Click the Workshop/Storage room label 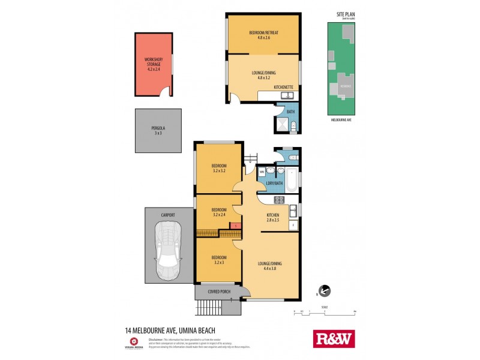(154, 64)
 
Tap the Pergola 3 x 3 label (158, 131)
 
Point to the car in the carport (167, 251)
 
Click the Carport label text (167, 214)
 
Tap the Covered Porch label (219, 292)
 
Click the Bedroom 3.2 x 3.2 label (219, 169)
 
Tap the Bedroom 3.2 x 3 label (219, 260)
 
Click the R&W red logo (334, 338)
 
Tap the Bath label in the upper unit (291, 112)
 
